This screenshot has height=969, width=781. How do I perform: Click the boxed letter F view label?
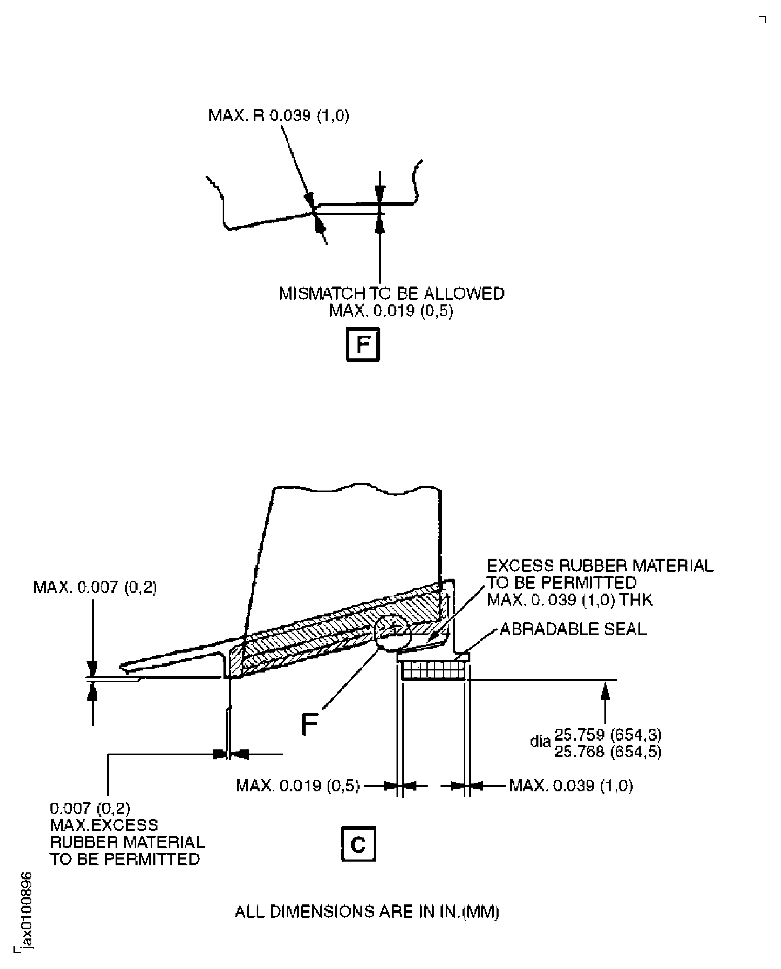(363, 344)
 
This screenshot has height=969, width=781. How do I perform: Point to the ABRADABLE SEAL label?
(573, 629)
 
